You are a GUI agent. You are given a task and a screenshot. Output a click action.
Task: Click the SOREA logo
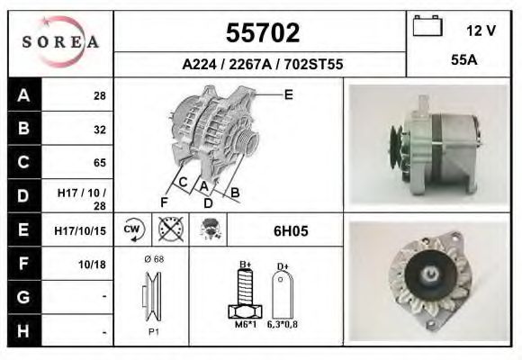click(x=60, y=42)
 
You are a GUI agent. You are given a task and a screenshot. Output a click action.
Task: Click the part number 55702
click(x=261, y=33)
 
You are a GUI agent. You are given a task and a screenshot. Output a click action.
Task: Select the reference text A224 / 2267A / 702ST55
click(x=262, y=65)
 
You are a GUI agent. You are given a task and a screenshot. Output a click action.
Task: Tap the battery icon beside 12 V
click(x=426, y=27)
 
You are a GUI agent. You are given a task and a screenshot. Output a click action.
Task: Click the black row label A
click(x=23, y=94)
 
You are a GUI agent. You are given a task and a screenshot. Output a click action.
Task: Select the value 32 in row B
click(x=99, y=129)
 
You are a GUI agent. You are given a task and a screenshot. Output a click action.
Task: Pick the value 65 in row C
click(x=99, y=163)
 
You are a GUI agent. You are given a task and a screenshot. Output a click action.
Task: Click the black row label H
click(x=23, y=331)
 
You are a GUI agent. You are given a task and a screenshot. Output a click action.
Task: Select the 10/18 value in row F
click(x=94, y=265)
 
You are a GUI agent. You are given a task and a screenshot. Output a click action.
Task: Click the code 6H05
click(x=291, y=230)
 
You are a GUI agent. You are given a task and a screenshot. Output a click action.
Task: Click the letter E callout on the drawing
click(x=288, y=94)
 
